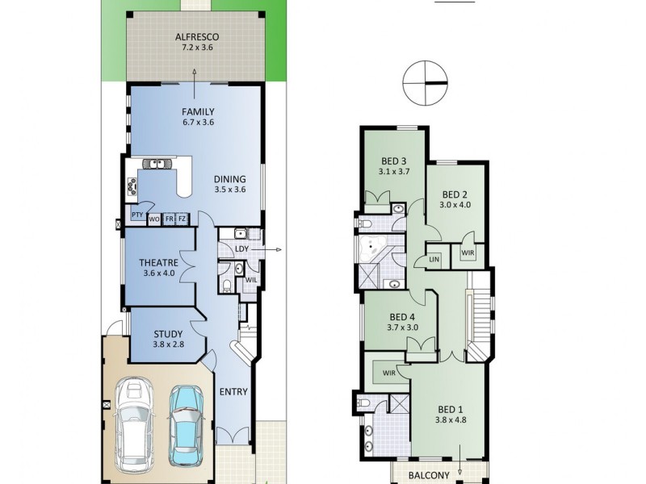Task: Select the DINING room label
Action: click(x=229, y=185)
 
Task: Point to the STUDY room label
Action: click(x=167, y=339)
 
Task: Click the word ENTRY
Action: click(x=233, y=393)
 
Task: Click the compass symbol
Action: click(x=425, y=83)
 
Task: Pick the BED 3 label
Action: click(x=394, y=166)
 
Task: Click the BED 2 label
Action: click(x=455, y=199)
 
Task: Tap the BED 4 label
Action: click(x=401, y=322)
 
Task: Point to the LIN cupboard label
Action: click(x=434, y=259)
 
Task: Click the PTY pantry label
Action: click(x=137, y=216)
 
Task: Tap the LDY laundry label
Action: click(x=241, y=249)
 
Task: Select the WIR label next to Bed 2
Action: click(x=468, y=253)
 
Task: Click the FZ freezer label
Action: click(x=182, y=219)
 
